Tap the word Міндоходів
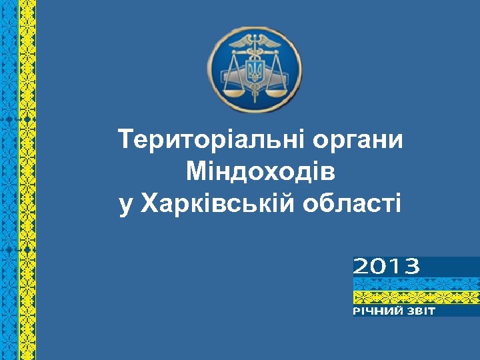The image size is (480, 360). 261,172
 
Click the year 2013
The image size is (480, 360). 386,267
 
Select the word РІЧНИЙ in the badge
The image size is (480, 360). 377,311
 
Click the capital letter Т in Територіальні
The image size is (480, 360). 125,140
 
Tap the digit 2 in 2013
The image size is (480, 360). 361,267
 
